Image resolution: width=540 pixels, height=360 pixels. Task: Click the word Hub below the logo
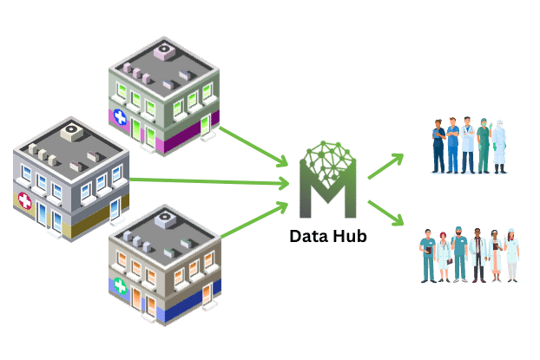(x=349, y=233)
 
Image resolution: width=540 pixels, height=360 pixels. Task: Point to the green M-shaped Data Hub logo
(x=327, y=183)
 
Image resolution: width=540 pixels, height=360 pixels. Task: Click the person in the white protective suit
(x=498, y=143)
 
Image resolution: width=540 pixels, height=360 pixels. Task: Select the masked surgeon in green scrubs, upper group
(x=468, y=143)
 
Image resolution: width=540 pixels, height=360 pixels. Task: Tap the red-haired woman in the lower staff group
(x=443, y=254)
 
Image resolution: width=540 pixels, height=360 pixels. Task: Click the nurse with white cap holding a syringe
(x=512, y=254)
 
